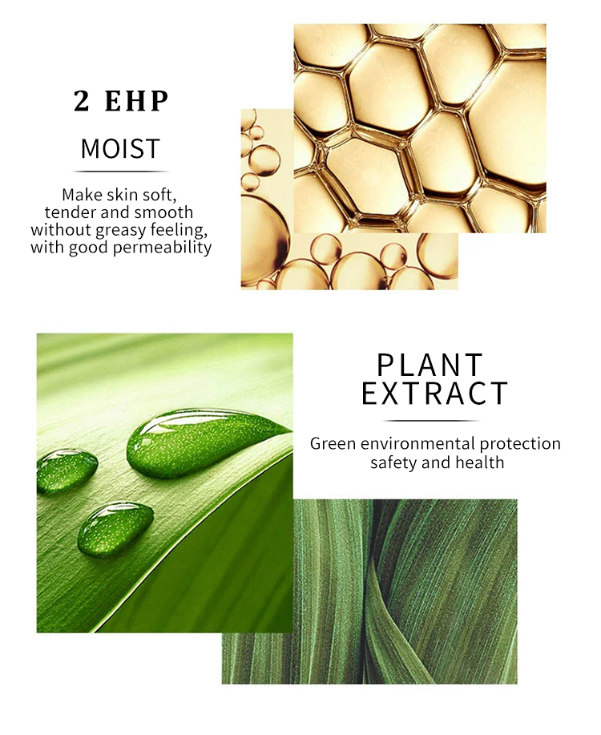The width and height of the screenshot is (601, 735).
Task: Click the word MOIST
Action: (x=120, y=149)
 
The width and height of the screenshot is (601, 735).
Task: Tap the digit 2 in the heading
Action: (x=81, y=102)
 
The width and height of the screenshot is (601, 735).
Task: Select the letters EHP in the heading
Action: (x=138, y=102)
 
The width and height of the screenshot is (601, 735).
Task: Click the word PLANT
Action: (x=430, y=365)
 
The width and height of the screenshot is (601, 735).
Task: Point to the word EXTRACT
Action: (x=434, y=394)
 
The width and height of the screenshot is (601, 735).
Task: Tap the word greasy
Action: (x=114, y=230)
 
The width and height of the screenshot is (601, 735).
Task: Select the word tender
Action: (x=68, y=212)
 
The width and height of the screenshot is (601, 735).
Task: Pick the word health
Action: (x=481, y=462)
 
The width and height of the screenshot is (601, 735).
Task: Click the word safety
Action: (x=392, y=462)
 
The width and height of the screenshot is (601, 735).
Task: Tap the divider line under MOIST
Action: (x=120, y=172)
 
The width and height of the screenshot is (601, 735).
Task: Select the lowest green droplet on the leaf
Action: (x=115, y=527)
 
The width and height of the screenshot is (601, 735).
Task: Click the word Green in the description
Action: (x=332, y=444)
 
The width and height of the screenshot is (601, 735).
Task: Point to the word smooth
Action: (x=165, y=212)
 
